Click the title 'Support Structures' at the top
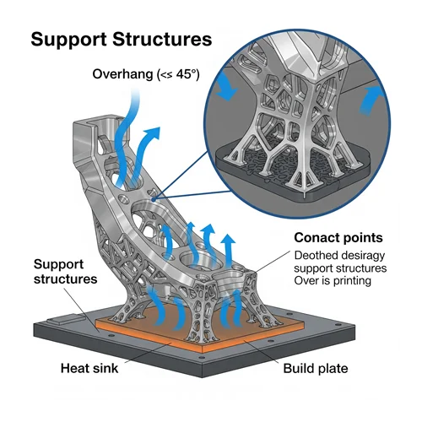point(122,40)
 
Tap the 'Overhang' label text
point(122,74)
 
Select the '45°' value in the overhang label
point(187,74)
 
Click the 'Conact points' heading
point(338,238)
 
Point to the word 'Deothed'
point(316,256)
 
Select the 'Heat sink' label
point(89,368)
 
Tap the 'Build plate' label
point(316,369)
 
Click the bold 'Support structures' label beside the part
point(65,272)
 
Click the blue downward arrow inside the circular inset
point(227,86)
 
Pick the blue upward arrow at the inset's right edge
point(369,100)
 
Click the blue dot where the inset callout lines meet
point(153,199)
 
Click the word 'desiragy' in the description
point(363,256)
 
